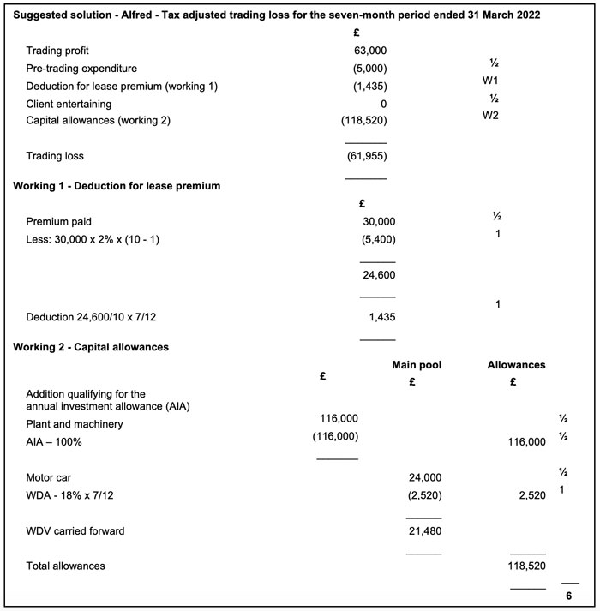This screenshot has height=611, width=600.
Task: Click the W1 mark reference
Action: [x=490, y=84]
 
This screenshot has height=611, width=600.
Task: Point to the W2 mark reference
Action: [x=490, y=116]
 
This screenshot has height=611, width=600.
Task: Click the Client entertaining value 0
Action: [x=383, y=104]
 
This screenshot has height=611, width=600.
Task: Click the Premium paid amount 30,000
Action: [x=379, y=221]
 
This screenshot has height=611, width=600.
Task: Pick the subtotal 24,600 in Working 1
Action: [x=379, y=275]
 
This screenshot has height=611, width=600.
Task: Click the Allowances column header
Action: [x=516, y=365]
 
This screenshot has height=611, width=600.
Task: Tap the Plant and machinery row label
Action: [x=75, y=424]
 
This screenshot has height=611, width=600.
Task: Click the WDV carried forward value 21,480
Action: [x=423, y=531]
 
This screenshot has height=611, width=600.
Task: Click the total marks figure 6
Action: [x=568, y=596]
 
